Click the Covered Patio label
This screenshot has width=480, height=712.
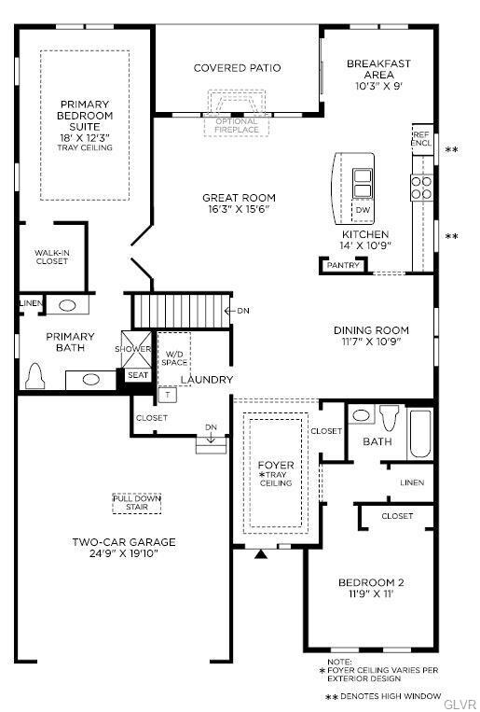(237, 68)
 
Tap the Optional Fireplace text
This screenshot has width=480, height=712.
(237, 126)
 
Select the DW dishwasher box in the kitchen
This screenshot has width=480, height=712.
(363, 210)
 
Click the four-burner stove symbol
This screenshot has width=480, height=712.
(421, 188)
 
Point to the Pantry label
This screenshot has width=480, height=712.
(343, 265)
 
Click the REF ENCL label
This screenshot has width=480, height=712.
(421, 139)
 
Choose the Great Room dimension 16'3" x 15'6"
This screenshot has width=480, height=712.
(239, 209)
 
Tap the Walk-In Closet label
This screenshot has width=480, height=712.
(51, 257)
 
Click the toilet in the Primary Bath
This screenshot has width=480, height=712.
(34, 376)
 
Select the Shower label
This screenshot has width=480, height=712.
(133, 349)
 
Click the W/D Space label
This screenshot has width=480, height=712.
(174, 358)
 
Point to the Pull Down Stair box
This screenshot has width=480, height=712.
(137, 503)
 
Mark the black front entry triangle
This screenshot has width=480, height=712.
(260, 554)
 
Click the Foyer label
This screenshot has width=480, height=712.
(276, 465)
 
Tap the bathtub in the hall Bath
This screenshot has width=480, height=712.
(419, 434)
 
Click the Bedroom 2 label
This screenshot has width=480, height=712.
(371, 582)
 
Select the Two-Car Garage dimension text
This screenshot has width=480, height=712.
(123, 553)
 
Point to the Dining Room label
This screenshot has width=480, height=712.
(371, 330)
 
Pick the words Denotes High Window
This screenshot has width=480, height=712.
(391, 696)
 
